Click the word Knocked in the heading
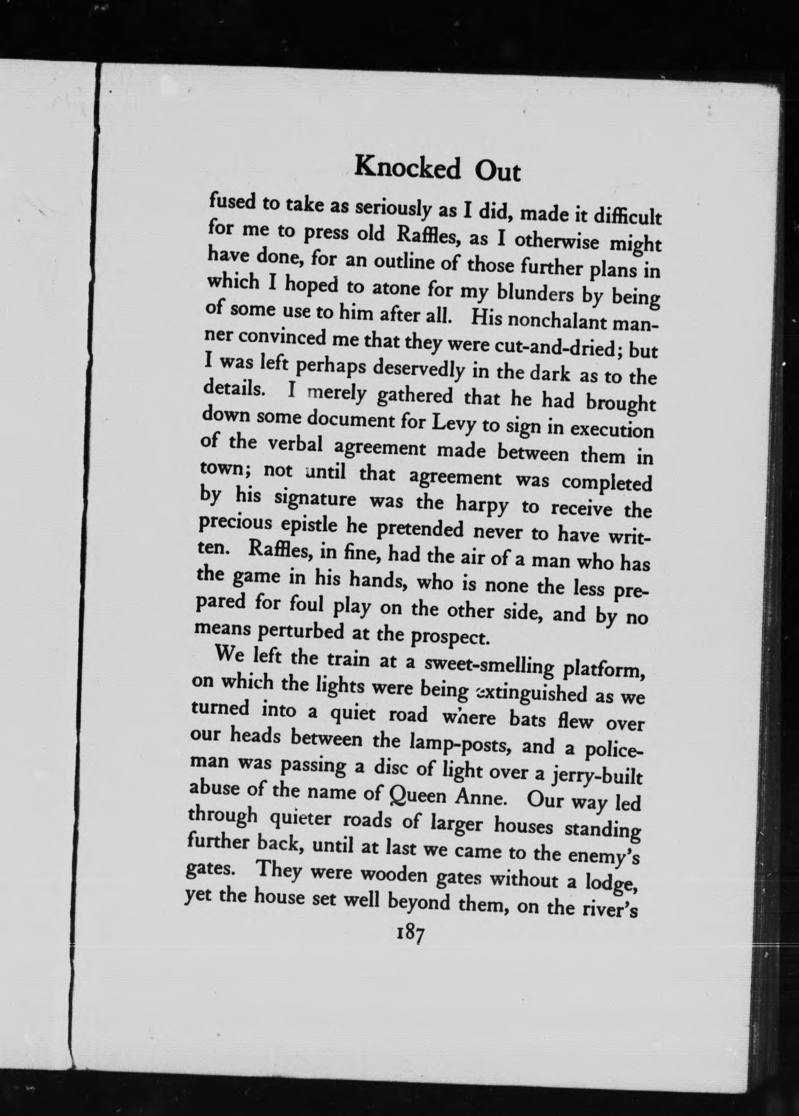408,168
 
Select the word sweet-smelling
489,666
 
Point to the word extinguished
530,693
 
